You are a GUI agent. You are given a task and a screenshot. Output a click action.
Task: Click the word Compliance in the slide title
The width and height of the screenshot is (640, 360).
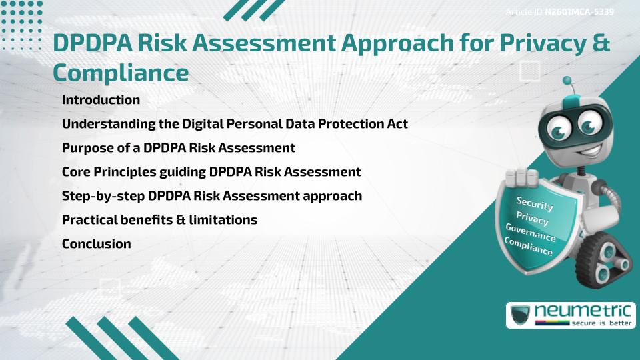pos(121,73)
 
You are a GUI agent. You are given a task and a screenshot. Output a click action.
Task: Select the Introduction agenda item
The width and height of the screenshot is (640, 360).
pos(101,100)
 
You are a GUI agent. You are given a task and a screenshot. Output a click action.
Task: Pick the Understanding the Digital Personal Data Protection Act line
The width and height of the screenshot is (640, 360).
pos(235,124)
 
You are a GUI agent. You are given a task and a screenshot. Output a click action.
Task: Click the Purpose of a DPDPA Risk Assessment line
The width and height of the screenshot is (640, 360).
pos(178,147)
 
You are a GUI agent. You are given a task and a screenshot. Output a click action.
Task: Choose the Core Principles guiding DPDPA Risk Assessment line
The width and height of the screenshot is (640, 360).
pos(211,171)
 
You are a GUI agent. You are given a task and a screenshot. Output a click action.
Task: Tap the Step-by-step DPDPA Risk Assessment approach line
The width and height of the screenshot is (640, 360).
pos(212,196)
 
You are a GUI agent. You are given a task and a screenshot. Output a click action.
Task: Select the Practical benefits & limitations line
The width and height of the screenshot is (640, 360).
pos(159,219)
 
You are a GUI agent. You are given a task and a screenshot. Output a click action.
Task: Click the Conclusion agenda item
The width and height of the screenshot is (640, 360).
pos(96,243)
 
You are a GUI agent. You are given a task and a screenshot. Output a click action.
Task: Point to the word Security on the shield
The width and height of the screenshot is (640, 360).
pos(535,203)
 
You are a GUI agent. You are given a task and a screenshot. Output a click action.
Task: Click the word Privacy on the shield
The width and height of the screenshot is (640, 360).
pos(532,218)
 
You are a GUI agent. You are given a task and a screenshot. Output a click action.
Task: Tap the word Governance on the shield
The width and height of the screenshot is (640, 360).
pos(530,233)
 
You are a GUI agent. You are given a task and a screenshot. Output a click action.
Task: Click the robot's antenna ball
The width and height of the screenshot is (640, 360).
pos(568,81)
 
